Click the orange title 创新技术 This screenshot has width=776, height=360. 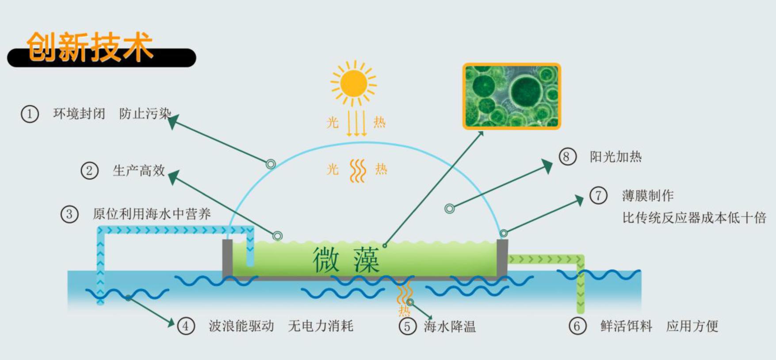pos(90,46)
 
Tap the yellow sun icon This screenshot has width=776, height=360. pos(354,83)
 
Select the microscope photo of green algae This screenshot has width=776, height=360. pos(512,96)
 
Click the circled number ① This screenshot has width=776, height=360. pos(30,114)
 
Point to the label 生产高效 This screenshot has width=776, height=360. pos(138,171)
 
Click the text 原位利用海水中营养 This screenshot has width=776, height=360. pos(152,214)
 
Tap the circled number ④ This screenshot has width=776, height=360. pos(186,326)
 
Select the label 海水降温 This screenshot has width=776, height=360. pos(449,327)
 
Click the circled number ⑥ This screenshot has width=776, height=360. pos(577,326)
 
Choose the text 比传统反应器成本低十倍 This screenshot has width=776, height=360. pos(694,218)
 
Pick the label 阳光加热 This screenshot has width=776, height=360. pos(615,157)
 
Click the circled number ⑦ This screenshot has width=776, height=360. pos(598,195)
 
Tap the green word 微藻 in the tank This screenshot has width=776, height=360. pos(346,260)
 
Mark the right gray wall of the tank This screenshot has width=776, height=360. pos(502,257)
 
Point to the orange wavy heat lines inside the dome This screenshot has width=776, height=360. pos(357,171)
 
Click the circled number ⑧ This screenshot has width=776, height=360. pos(567,157)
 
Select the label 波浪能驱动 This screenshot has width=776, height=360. pos(241,326)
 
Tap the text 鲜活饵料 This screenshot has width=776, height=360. pos(626,326)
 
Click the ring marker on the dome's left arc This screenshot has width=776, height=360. pos(271,164)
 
